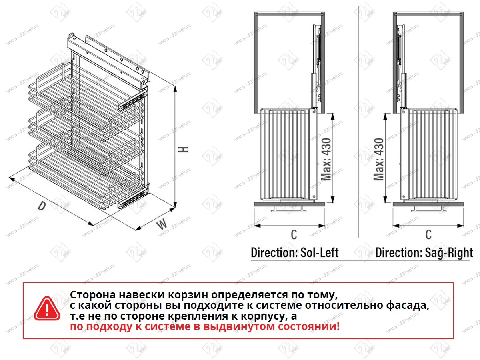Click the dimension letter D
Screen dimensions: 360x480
click(x=41, y=206)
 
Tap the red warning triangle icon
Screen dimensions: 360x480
click(x=47, y=309)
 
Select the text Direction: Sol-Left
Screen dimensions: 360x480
click(x=294, y=253)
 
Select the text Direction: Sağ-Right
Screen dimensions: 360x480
click(x=424, y=253)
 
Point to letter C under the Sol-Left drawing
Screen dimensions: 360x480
click(x=294, y=234)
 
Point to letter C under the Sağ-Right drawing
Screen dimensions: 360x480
click(x=428, y=234)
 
